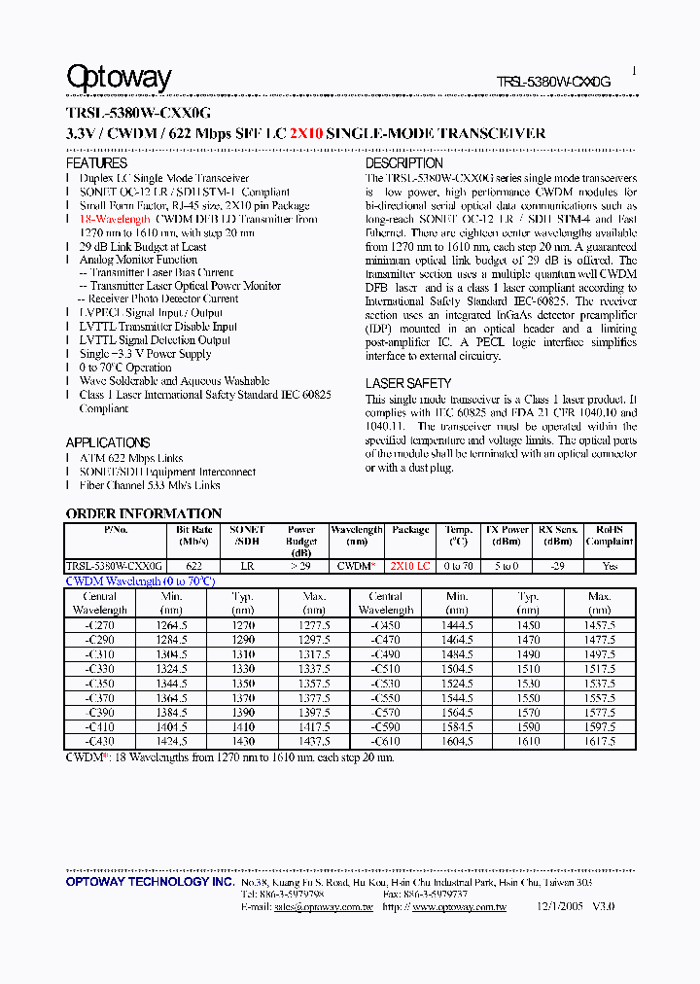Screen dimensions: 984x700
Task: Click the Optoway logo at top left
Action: click(119, 77)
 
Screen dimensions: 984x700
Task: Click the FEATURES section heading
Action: click(96, 163)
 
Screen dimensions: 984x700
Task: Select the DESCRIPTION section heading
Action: click(403, 163)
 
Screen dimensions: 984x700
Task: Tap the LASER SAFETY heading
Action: click(408, 383)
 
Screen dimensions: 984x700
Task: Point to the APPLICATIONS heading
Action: click(108, 442)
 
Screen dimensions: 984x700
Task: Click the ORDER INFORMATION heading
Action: click(144, 513)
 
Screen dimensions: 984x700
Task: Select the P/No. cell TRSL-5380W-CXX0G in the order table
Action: click(115, 566)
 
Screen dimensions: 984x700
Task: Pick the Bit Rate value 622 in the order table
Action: click(193, 566)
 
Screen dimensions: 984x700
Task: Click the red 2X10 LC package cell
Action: click(410, 566)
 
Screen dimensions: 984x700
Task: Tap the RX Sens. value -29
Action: click(558, 566)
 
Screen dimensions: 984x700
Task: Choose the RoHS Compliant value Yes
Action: click(610, 566)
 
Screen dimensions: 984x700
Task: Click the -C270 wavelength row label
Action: click(100, 627)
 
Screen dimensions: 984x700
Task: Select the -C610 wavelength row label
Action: click(385, 741)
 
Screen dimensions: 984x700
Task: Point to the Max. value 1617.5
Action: click(600, 741)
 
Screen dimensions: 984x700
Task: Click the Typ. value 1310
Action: click(243, 655)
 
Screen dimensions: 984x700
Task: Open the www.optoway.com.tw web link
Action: click(459, 907)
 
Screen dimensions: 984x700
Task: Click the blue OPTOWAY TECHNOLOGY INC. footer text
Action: click(150, 882)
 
